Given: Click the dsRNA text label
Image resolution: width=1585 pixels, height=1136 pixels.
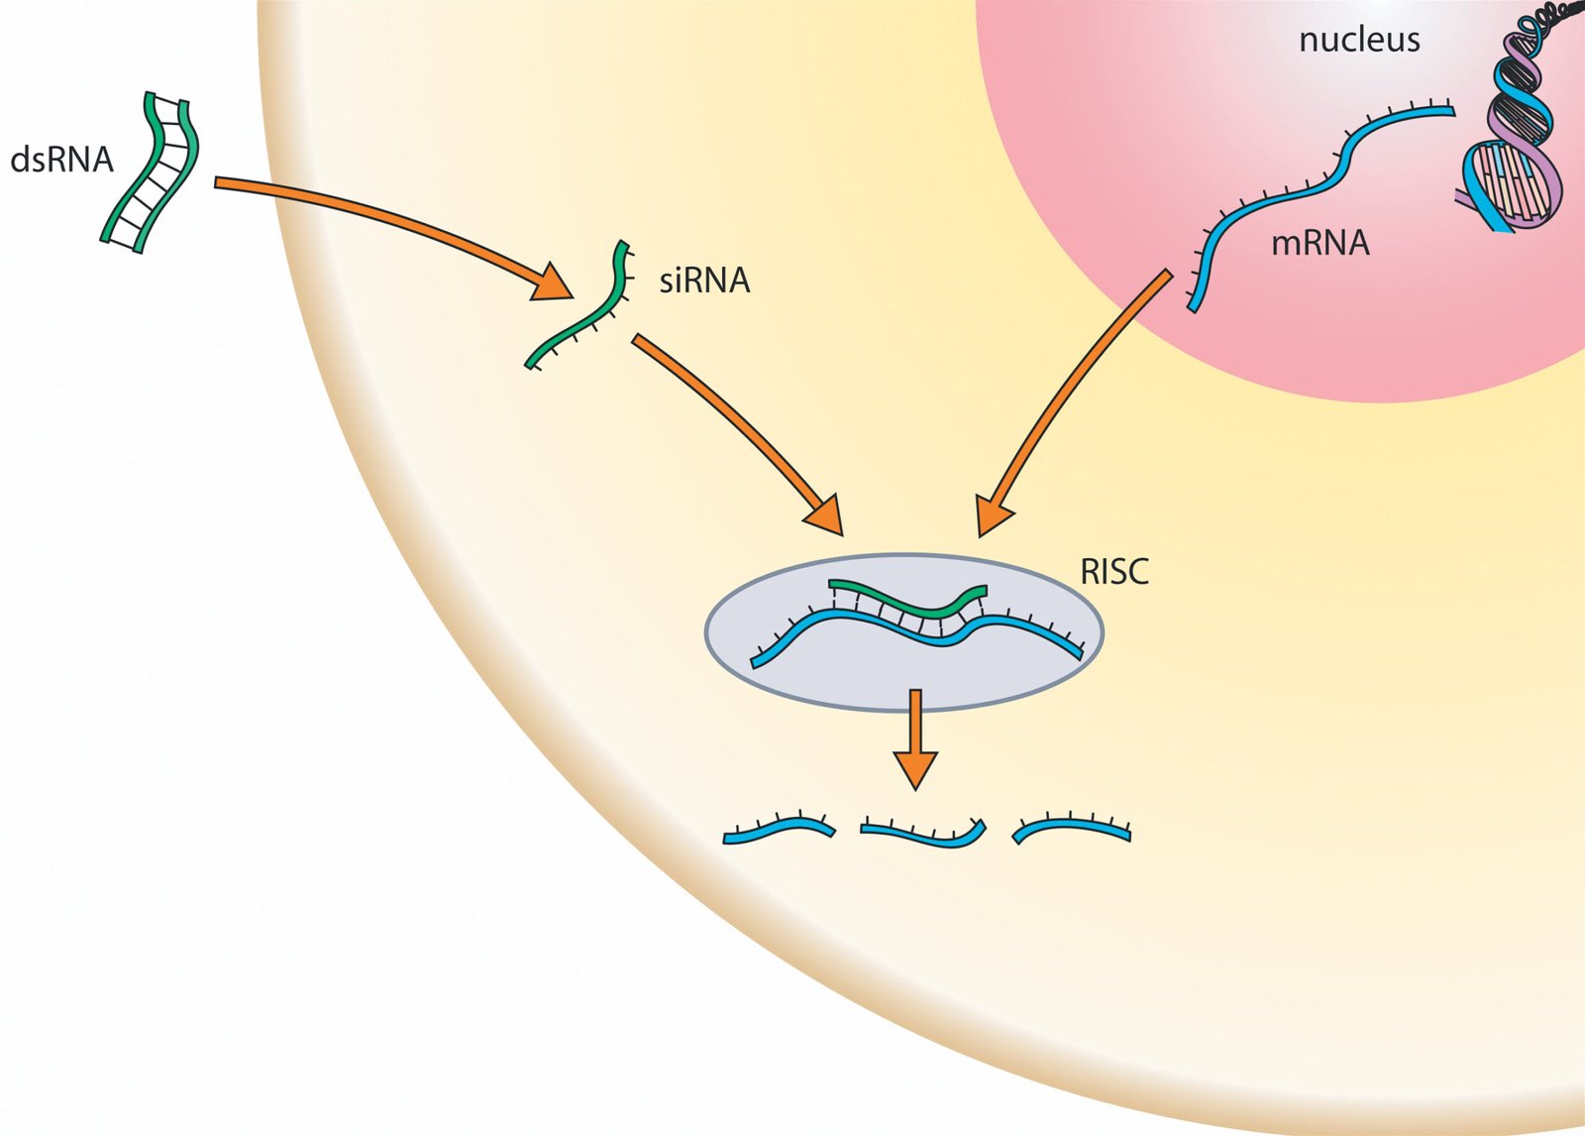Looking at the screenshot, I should tap(61, 160).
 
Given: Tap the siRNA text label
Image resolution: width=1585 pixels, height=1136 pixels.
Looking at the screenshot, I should tap(704, 281).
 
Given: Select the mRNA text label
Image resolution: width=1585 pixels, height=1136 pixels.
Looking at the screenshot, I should tap(1320, 243).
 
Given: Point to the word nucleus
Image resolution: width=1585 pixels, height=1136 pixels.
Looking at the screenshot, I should tap(1359, 40).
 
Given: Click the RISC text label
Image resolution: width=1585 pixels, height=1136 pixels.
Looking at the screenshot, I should tap(1114, 572).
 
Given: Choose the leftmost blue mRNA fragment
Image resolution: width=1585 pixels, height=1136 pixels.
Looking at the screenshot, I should tap(779, 829).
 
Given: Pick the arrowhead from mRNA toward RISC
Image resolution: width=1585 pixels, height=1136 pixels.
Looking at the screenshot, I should tap(994, 515).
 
